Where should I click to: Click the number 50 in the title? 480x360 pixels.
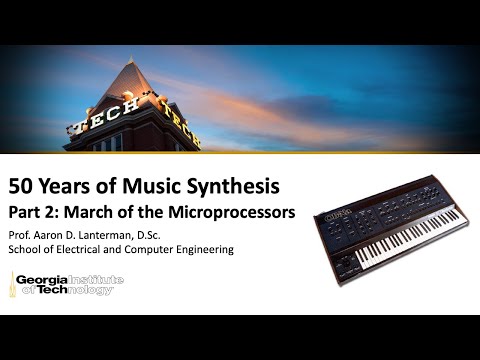(23, 186)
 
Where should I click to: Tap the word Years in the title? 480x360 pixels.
(70, 186)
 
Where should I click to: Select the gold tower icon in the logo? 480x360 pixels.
(14, 285)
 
